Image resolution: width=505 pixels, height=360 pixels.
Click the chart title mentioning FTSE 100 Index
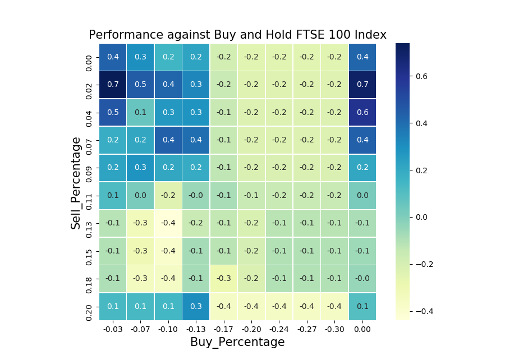click(x=237, y=35)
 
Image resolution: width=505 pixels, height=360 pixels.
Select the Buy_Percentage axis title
click(x=237, y=342)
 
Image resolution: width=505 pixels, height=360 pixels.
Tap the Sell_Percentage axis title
click(x=76, y=182)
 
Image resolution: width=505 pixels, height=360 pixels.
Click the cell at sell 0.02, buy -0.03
click(x=113, y=85)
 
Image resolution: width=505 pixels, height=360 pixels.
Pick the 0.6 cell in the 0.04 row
click(x=362, y=112)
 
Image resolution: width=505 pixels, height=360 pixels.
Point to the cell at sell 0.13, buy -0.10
click(x=168, y=223)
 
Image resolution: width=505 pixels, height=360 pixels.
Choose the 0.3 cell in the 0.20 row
click(x=196, y=306)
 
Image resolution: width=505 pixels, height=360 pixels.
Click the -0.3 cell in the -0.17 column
click(x=224, y=279)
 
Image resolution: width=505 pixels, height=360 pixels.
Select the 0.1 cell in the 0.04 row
click(x=140, y=112)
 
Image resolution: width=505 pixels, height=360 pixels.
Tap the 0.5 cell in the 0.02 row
click(x=140, y=85)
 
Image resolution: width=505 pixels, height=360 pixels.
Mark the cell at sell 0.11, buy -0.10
click(x=168, y=196)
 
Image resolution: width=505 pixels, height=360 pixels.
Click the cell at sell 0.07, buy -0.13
click(x=196, y=140)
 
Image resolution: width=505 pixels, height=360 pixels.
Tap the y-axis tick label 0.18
click(x=89, y=279)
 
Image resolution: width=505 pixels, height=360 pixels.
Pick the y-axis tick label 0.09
click(x=89, y=168)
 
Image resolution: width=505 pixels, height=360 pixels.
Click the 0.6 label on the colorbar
click(x=421, y=76)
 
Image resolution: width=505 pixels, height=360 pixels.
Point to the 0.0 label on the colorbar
click(x=421, y=217)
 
